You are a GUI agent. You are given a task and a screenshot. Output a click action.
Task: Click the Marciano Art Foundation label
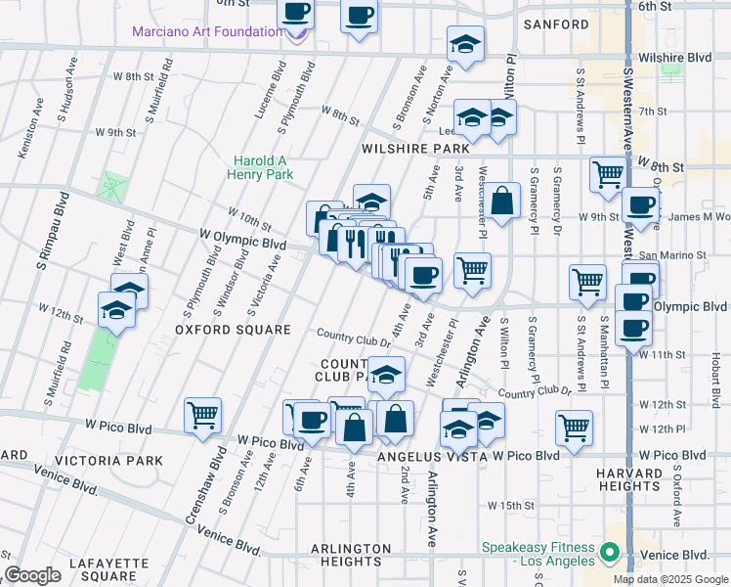click(x=208, y=31)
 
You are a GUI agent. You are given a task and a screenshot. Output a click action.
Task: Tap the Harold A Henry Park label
click(x=263, y=167)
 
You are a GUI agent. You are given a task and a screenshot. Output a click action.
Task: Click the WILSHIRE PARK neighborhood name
click(x=415, y=149)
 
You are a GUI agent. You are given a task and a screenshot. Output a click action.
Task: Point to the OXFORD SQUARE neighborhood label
click(x=233, y=330)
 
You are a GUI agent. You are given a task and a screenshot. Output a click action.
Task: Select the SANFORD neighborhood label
click(x=556, y=23)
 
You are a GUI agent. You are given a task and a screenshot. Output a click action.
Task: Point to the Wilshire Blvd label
click(x=685, y=58)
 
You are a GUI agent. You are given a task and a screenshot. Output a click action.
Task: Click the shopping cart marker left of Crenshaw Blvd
click(x=202, y=415)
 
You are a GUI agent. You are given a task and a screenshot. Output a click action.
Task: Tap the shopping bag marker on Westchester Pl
click(x=502, y=201)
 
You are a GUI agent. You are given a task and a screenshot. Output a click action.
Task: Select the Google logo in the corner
click(x=32, y=575)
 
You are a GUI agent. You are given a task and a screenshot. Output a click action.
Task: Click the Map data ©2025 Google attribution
click(x=669, y=579)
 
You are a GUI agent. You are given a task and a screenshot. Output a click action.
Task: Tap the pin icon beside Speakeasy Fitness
click(x=611, y=553)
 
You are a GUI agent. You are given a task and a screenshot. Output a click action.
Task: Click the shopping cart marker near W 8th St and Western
click(x=607, y=174)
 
